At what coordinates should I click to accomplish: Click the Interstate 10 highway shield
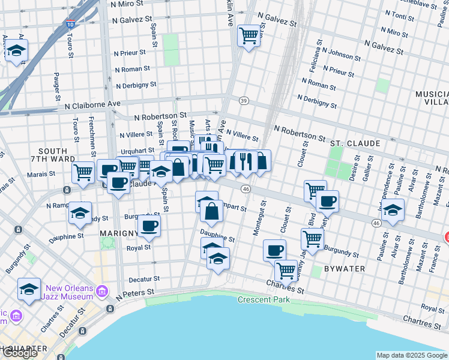point(71,25)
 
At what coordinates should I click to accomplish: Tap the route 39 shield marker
point(243,100)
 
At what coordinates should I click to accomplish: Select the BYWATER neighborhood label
point(344,268)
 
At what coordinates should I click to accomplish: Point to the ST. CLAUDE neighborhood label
point(355,143)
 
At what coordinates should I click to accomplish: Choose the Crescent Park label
point(264,299)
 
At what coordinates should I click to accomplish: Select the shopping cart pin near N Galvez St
point(249,35)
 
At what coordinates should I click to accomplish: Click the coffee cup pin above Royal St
point(149,226)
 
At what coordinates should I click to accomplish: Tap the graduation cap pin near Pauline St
point(393,211)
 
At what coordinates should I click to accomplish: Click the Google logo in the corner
point(19,353)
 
